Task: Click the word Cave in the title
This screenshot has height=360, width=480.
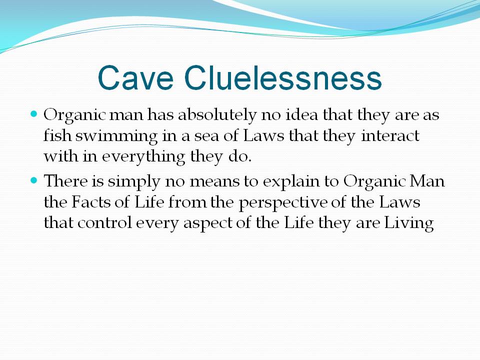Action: tap(135, 77)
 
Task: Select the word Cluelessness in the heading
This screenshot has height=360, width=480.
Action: tap(283, 77)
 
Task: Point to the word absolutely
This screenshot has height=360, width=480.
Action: tap(217, 115)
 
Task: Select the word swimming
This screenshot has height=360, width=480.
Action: tap(116, 136)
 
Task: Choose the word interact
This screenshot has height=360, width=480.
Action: tap(390, 135)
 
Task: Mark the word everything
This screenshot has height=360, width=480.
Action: tap(143, 156)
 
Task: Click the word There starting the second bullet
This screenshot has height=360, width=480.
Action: tap(66, 180)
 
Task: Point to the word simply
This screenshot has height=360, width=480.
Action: tap(134, 181)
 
